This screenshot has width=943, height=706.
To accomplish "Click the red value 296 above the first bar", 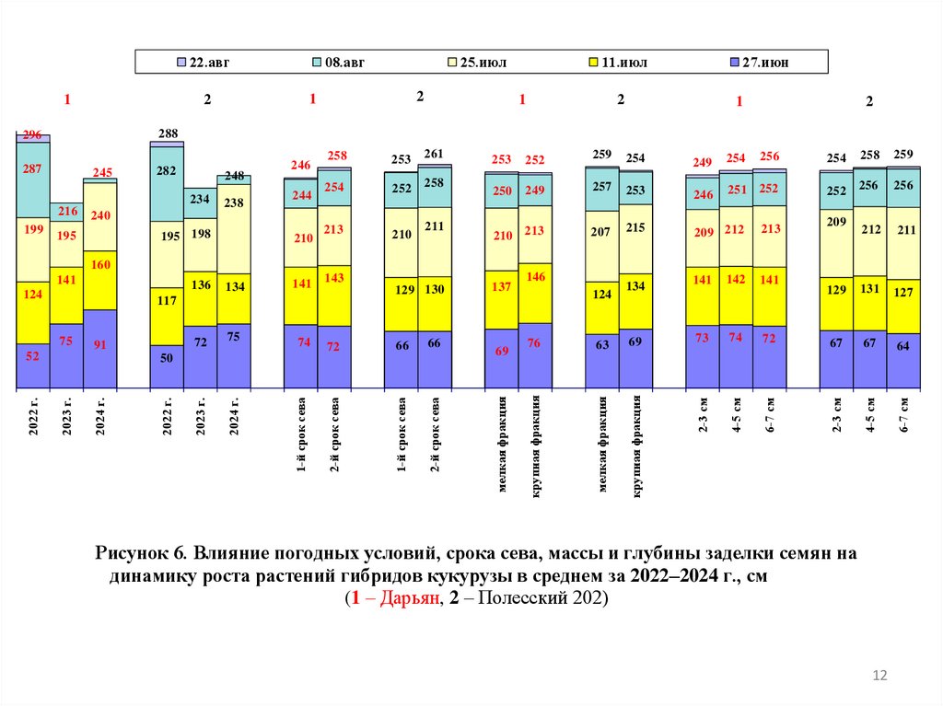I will (x=32, y=134).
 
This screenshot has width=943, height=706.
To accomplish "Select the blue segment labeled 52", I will (x=32, y=357).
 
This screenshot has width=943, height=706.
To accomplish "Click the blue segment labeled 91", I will (x=100, y=347).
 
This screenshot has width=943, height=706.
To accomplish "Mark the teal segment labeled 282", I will (x=167, y=182).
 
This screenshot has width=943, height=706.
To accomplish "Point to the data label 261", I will (x=434, y=153).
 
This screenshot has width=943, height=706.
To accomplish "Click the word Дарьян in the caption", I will (x=399, y=598).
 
